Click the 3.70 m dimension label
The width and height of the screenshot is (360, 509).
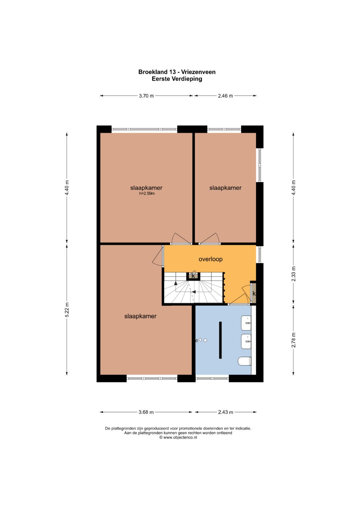[146, 96]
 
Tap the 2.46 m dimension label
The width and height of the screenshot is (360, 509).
[225, 96]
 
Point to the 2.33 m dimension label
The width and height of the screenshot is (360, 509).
[293, 274]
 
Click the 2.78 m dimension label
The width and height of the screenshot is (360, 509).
[293, 340]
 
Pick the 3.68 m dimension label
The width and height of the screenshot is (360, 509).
[146, 412]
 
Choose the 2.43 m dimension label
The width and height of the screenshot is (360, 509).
[225, 412]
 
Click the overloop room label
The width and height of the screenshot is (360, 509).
[210, 259]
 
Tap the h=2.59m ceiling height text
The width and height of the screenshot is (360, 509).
[147, 194]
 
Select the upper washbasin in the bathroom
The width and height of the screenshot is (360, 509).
[246, 323]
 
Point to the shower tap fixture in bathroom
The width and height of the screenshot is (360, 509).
[199, 340]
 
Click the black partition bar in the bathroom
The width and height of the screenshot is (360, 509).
[220, 340]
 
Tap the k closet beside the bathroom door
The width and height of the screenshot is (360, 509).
[254, 293]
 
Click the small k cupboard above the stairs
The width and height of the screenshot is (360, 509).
[193, 276]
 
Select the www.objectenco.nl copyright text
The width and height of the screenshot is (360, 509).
[178, 437]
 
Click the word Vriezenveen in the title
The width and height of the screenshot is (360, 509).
[198, 72]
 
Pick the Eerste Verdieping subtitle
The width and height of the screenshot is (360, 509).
[177, 79]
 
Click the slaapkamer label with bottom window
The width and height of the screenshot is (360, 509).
[140, 316]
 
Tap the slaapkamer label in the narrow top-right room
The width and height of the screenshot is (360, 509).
[225, 188]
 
